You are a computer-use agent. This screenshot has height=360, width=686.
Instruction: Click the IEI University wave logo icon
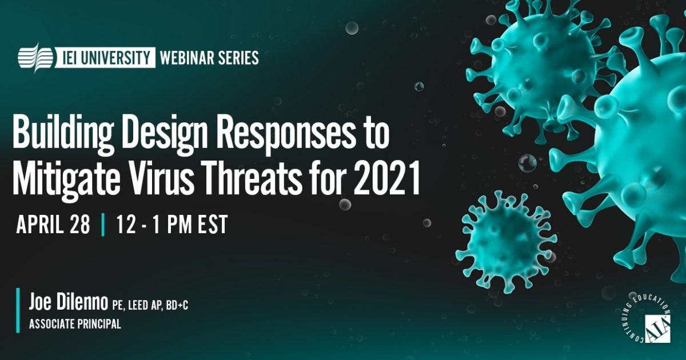click(x=36, y=58)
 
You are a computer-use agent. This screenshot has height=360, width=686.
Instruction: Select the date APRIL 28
click(x=53, y=225)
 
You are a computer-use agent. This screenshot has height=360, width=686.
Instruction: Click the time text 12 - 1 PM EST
click(x=171, y=225)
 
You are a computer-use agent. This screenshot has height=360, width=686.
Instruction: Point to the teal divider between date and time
click(x=103, y=225)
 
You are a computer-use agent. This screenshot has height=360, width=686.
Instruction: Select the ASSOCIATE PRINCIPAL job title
click(x=75, y=325)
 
